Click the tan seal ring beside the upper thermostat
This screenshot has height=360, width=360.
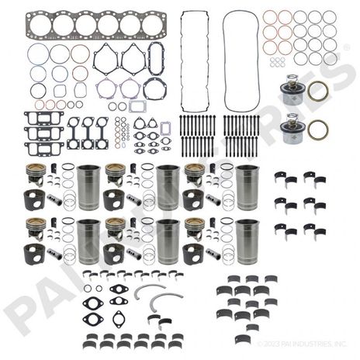pyautogui.click(x=317, y=92)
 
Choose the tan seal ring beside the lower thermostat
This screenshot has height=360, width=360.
pyautogui.click(x=317, y=129)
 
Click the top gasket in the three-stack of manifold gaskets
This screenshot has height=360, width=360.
pyautogui.click(x=42, y=118)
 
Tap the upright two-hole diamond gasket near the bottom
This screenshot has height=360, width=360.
pyautogui.click(x=119, y=319)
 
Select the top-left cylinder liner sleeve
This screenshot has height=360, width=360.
pyautogui.click(x=89, y=188)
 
